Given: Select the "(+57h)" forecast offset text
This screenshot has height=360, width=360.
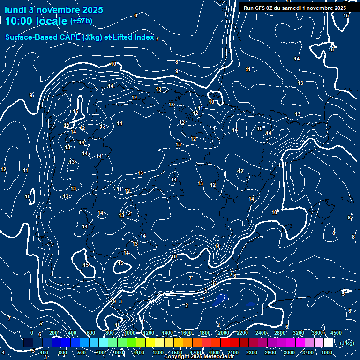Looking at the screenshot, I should [81, 21].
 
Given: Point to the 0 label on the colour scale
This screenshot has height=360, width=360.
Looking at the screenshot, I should [32, 333].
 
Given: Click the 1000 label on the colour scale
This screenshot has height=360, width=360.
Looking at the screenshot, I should [130, 333].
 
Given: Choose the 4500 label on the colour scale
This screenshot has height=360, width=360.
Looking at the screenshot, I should [336, 333].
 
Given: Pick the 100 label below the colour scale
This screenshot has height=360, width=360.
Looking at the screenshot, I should [45, 352].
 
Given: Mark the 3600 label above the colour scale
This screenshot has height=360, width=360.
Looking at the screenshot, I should [317, 333].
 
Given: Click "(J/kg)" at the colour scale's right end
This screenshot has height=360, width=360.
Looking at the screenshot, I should [347, 343].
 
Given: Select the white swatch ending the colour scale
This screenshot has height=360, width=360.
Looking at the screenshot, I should [328, 343].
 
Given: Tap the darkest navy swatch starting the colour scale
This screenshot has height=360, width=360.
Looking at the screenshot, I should [28, 343].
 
